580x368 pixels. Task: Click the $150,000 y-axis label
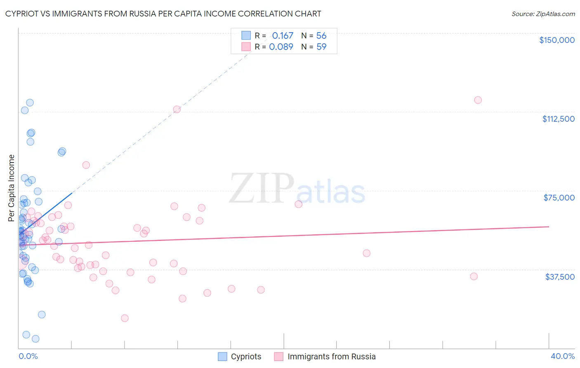click(556, 40)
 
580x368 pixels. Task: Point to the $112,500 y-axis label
click(558, 119)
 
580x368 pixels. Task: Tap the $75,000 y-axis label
click(559, 198)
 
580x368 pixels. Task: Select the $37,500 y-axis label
click(560, 277)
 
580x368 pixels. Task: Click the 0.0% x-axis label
click(28, 356)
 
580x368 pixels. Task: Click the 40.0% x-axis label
click(562, 356)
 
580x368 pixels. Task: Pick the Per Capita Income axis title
click(12, 188)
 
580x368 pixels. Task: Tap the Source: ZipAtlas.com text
click(543, 14)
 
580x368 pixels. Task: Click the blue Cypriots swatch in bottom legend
click(222, 356)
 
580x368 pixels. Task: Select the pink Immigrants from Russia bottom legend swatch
click(279, 356)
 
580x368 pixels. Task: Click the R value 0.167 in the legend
click(283, 35)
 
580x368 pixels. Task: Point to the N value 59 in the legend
click(321, 47)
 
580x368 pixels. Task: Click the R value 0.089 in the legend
click(281, 47)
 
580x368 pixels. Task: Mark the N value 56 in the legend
click(321, 35)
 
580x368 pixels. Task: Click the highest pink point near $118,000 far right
click(478, 100)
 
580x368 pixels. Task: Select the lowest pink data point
click(125, 318)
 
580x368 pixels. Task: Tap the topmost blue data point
click(30, 103)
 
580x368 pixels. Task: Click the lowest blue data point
click(35, 339)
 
